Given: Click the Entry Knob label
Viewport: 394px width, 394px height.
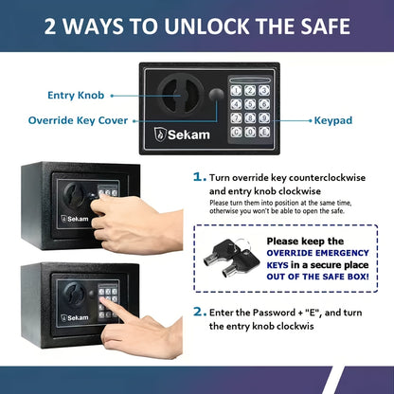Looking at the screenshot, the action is click(x=76, y=96).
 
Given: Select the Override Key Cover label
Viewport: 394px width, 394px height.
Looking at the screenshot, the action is click(x=78, y=120).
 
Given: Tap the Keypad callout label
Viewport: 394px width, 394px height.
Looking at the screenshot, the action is click(x=333, y=120).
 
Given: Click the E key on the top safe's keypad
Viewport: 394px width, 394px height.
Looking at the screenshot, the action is click(x=264, y=132).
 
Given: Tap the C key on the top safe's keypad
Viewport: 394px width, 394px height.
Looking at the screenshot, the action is click(x=236, y=132).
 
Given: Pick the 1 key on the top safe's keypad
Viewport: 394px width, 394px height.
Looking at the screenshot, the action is click(x=236, y=90).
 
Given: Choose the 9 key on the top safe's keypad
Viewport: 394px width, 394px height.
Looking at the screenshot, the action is click(x=264, y=118).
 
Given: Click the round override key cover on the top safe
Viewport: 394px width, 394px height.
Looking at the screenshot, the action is click(x=216, y=94).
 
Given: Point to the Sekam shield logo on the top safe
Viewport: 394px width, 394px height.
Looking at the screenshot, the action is click(x=160, y=134).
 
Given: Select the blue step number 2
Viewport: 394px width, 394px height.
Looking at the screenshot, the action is click(x=199, y=312).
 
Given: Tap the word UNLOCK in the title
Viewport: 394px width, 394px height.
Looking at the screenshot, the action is click(x=206, y=26).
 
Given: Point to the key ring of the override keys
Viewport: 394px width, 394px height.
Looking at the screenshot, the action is click(x=242, y=244).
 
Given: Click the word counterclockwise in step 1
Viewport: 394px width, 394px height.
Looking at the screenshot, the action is click(x=327, y=178).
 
